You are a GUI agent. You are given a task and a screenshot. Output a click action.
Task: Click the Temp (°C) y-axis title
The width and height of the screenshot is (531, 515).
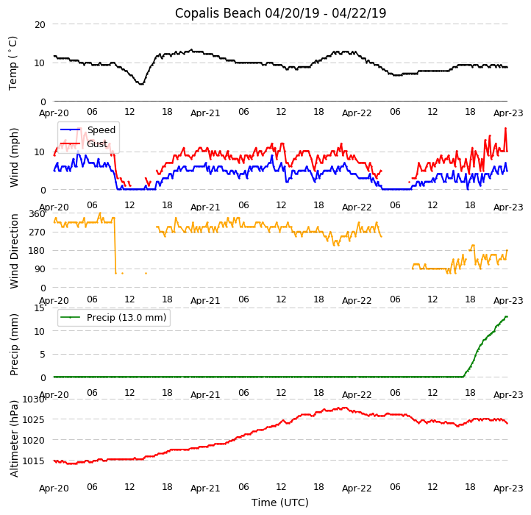pyautogui.click(x=13, y=63)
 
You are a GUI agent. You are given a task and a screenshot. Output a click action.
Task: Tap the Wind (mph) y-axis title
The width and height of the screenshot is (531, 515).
pyautogui.click(x=14, y=157)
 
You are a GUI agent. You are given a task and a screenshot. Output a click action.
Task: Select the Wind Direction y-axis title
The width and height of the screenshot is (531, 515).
pyautogui.click(x=14, y=251)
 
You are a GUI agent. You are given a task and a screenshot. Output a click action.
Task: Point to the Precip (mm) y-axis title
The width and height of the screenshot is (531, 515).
pyautogui.click(x=14, y=343)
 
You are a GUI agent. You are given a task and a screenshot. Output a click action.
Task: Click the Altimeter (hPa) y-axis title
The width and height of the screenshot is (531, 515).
pyautogui.click(x=14, y=438)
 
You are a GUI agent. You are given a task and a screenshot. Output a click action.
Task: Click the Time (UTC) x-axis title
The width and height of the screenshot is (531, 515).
pyautogui.click(x=280, y=502)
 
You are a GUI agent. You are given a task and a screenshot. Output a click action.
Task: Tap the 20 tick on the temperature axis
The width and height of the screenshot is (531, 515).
pyautogui.click(x=40, y=24)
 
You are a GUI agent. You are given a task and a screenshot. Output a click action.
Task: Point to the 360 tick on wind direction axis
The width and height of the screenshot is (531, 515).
pyautogui.click(x=37, y=214)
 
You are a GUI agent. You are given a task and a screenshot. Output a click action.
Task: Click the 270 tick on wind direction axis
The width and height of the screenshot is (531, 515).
pyautogui.click(x=37, y=232)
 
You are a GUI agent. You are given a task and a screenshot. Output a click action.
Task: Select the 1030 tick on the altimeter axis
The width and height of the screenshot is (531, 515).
pyautogui.click(x=34, y=399)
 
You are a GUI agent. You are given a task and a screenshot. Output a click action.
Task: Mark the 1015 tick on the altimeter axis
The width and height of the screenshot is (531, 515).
pyautogui.click(x=34, y=461)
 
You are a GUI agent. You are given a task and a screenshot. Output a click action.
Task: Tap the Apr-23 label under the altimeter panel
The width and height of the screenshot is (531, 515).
pyautogui.click(x=507, y=488)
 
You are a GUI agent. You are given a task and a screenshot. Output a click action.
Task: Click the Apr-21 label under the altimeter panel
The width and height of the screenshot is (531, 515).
pyautogui.click(x=205, y=488)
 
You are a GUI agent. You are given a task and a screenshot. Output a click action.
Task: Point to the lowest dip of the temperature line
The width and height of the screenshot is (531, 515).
pyautogui.click(x=140, y=84)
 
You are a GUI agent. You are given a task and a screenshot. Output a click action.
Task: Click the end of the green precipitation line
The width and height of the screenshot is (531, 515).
pyautogui.click(x=507, y=316)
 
